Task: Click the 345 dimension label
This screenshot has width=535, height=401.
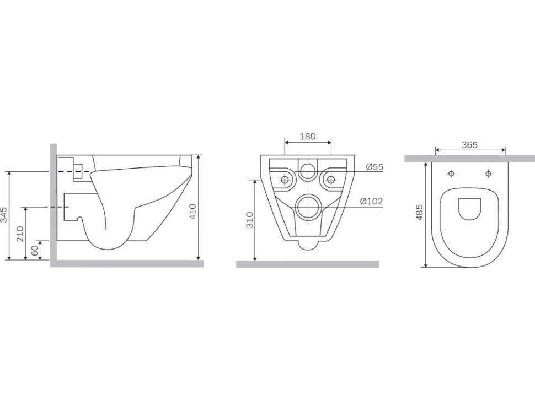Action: pyautogui.click(x=4, y=215)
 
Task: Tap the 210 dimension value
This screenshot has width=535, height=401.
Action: pyautogui.click(x=20, y=234)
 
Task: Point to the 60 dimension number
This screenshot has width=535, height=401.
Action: pyautogui.click(x=35, y=251)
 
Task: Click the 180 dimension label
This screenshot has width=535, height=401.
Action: pyautogui.click(x=307, y=137)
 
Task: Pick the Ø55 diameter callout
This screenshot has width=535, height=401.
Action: pyautogui.click(x=374, y=167)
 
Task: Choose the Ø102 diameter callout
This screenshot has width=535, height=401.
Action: pyautogui.click(x=372, y=202)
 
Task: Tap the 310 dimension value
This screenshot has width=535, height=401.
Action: pyautogui.click(x=250, y=220)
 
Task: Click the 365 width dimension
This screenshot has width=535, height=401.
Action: pyautogui.click(x=469, y=145)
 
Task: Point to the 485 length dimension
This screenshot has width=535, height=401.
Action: pyautogui.click(x=419, y=212)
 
